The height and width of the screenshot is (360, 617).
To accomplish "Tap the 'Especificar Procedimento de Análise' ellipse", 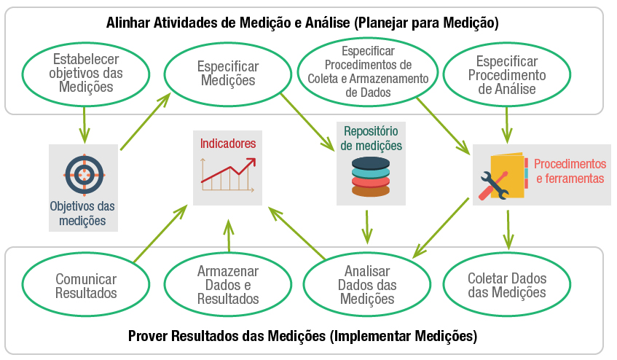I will coord(507,74).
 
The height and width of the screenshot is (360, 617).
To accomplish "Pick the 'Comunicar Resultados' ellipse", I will coord(85,286).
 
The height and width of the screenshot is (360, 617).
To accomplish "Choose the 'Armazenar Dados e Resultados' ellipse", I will coord(227,285).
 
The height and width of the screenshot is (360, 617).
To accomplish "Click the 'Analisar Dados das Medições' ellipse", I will coord(366,285).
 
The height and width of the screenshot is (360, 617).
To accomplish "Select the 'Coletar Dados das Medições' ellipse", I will coord(507,285).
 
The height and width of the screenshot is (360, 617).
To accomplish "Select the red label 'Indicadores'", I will coord(228,144).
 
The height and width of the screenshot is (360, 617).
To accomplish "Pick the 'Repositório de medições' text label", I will coord(371,138).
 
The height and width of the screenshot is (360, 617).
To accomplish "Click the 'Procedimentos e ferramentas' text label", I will coord(570,171).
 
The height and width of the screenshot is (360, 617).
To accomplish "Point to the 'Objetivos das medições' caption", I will coord(83,214).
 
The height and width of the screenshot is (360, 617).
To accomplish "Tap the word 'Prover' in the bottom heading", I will coord(147,336).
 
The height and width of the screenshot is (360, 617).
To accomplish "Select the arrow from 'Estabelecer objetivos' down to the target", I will coord(85,124).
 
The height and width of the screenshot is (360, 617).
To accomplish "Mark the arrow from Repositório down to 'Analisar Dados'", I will coord(367,227).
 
